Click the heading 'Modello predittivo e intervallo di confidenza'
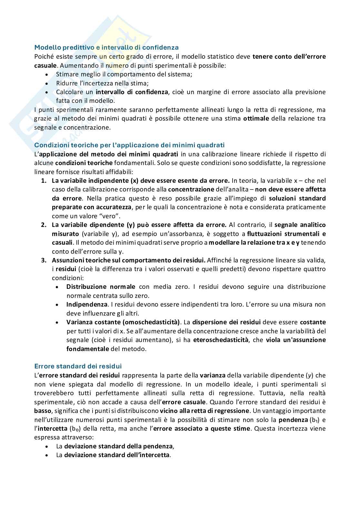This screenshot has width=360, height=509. click(106, 47)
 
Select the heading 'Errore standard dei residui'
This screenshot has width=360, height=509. click(78, 366)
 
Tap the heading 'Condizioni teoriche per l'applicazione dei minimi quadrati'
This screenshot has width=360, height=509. click(129, 145)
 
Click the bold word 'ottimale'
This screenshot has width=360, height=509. click(256, 118)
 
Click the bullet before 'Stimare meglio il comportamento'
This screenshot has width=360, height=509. click(47, 74)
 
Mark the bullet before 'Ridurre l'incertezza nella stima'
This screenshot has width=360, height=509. click(47, 83)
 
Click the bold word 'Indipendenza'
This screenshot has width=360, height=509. click(87, 304)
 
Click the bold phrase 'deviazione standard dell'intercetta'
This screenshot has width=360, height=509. click(117, 455)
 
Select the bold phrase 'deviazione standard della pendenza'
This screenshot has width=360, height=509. click(118, 446)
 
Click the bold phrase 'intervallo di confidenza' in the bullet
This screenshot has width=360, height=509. click(132, 92)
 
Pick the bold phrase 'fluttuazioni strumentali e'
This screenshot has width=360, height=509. click(286, 234)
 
